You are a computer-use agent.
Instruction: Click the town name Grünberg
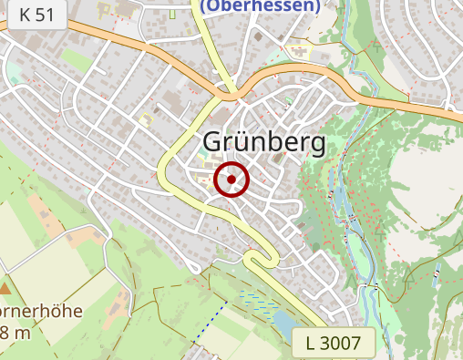[x=263, y=143]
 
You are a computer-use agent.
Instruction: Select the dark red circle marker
[x=231, y=180]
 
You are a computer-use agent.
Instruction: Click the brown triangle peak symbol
[x=5, y=288]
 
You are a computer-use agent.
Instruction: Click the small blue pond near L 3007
[x=283, y=323]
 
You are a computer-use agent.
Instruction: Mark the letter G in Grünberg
[x=212, y=143]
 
